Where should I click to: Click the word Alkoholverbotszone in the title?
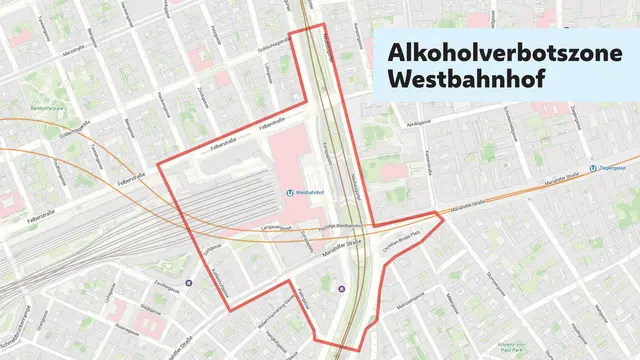point(490,51)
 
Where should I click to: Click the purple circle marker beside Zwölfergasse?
point(189,283)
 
